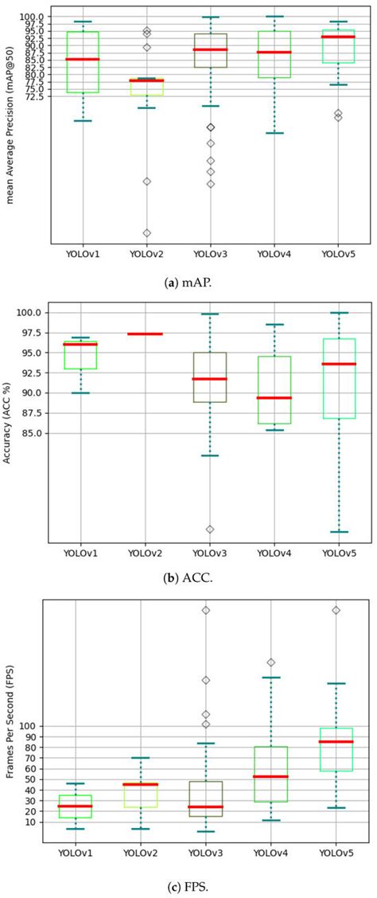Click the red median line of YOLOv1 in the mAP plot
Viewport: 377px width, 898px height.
tap(81, 60)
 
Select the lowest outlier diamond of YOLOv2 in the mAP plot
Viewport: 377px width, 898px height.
tap(146, 233)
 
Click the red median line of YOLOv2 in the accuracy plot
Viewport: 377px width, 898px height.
tap(145, 334)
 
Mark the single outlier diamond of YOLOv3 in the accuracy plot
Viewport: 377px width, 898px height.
tap(210, 529)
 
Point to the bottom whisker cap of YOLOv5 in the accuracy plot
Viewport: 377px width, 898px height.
tap(339, 532)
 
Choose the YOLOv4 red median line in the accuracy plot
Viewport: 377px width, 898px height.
tap(274, 397)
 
